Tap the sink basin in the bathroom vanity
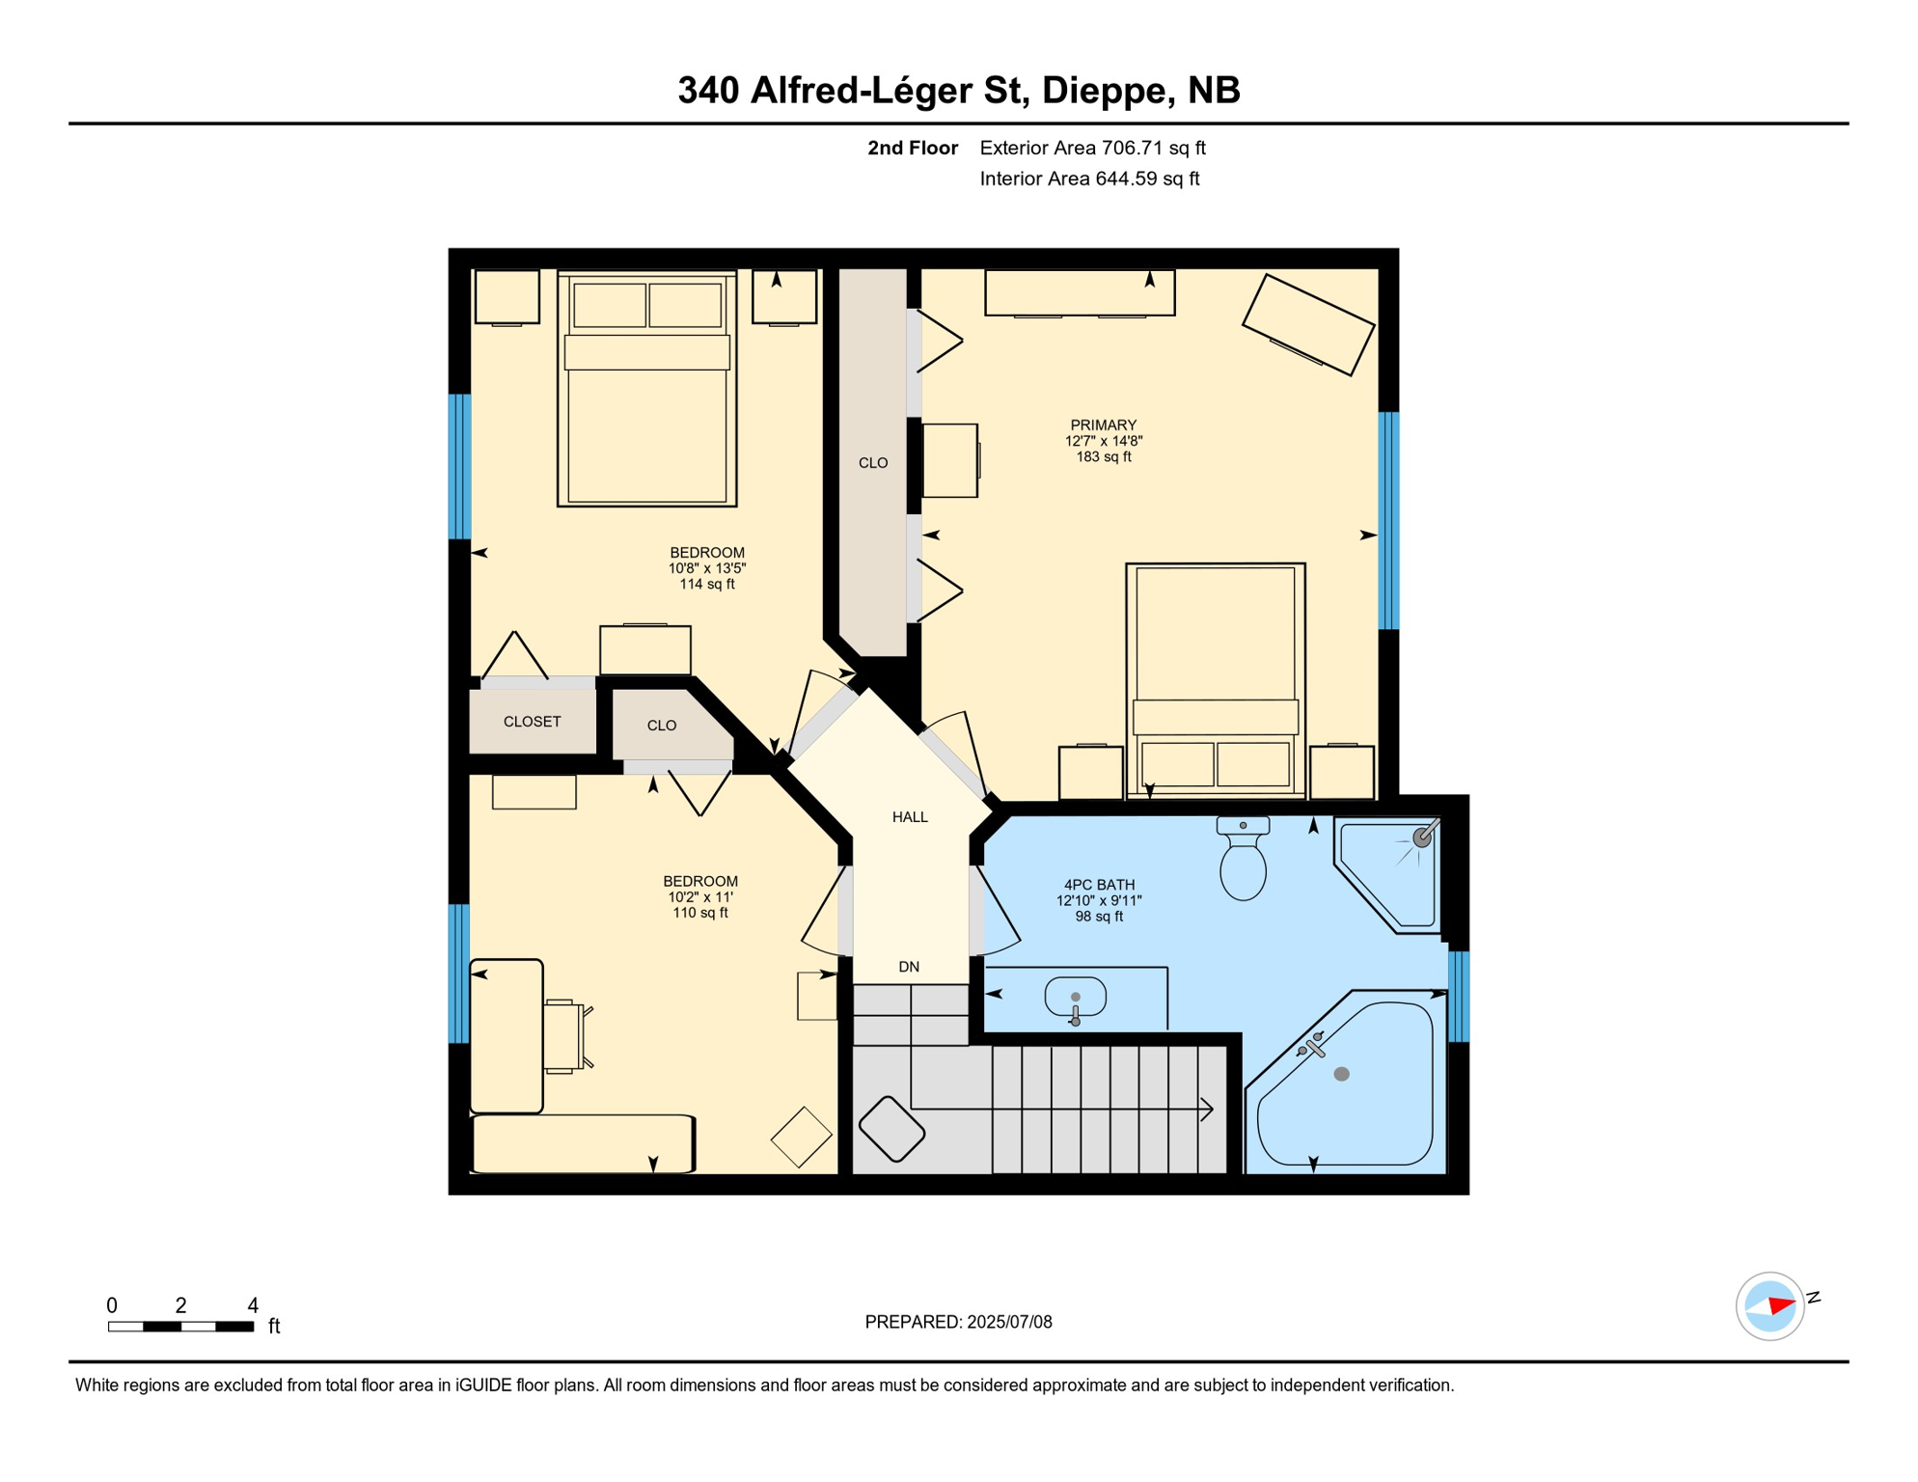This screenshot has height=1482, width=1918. pos(1075,998)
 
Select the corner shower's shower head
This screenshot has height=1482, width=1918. pos(1422,837)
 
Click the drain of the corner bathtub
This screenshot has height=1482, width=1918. pos(1341,1074)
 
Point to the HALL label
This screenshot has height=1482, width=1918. pos(910,817)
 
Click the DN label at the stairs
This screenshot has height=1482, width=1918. pos(909,967)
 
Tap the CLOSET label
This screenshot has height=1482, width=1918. pos(532,722)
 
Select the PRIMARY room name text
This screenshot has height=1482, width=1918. pos(1103,425)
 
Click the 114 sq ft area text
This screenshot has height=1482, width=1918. pos(706,584)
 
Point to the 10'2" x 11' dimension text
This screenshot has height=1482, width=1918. pos(699,897)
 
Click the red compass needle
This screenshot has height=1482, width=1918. pos(1781,1306)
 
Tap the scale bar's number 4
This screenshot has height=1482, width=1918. pos(253,1305)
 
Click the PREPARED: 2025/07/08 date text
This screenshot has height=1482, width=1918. pos(958,1322)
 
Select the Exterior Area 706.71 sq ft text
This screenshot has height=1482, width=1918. pos(1092,148)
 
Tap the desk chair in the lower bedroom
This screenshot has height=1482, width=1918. pos(565,1037)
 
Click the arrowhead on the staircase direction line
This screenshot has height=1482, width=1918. pos(1207,1109)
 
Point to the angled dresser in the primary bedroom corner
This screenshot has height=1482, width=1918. pos(1307,324)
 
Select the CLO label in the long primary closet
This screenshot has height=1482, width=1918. pos(873,463)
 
